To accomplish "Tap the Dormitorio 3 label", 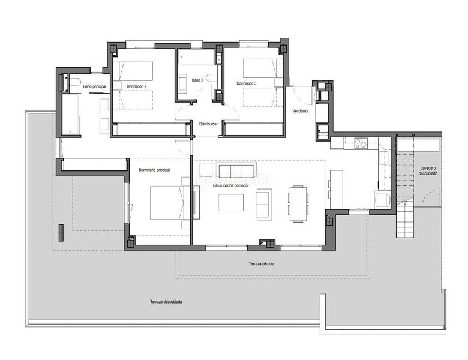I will click(x=246, y=83).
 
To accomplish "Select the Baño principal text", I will click(x=94, y=86).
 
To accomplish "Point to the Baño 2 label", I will click(x=197, y=80).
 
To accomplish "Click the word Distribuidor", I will click(x=208, y=124).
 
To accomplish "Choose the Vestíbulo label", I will click(x=300, y=111).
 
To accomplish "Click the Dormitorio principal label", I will click(x=154, y=170).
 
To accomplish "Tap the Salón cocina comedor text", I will click(x=230, y=185).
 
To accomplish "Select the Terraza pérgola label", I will click(x=265, y=264).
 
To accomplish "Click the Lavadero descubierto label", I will click(x=428, y=170).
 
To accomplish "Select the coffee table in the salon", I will click(x=231, y=203).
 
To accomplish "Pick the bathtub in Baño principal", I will click(x=70, y=113).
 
